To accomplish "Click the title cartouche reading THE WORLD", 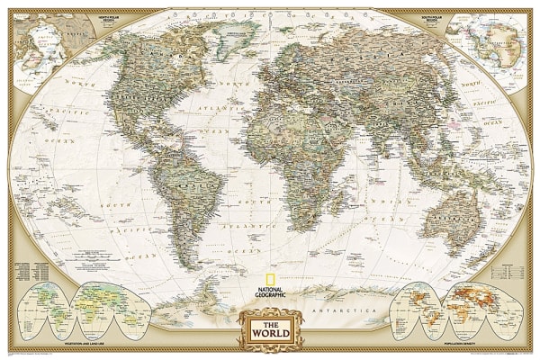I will tap(269, 325).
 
